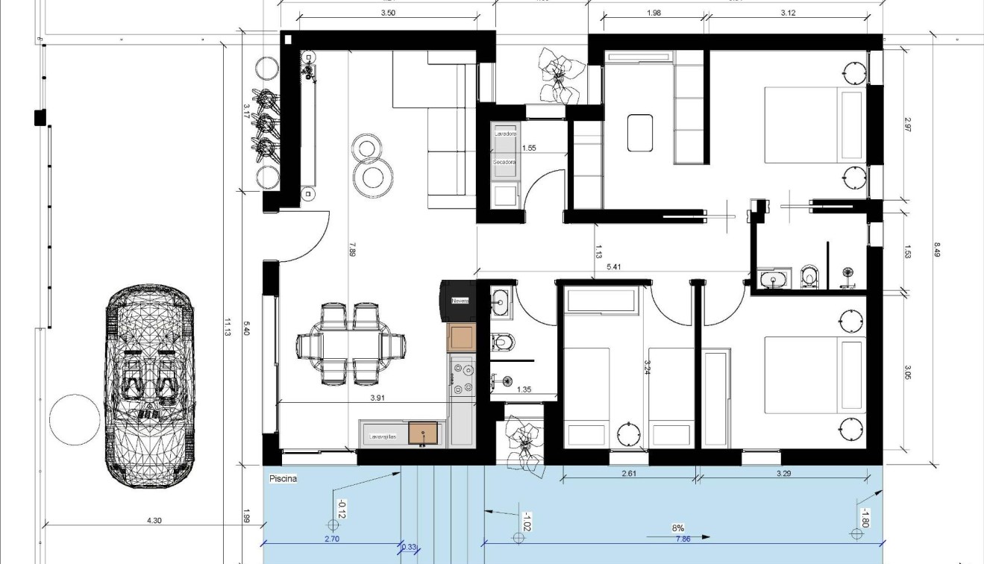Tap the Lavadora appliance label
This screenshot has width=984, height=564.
pos(505,134)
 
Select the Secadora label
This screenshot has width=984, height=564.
pos(504,161)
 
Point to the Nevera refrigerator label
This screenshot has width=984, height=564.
pos(460,300)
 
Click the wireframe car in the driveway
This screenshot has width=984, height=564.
pos(148,385)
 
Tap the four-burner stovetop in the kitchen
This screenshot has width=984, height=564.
pos(462,377)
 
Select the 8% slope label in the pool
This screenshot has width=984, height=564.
pos(677,527)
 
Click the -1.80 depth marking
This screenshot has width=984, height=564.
pos(864,517)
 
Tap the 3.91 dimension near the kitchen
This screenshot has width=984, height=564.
pos(378,398)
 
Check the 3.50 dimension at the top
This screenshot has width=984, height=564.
pos(388,13)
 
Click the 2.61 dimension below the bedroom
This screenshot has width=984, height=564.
pos(629,472)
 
